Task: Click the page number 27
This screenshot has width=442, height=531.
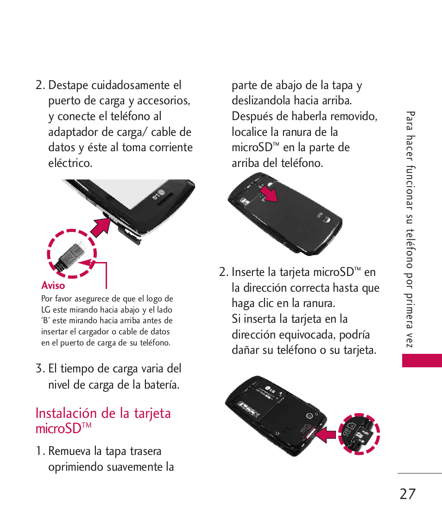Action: [407, 494]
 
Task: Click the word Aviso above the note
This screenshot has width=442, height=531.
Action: [53, 286]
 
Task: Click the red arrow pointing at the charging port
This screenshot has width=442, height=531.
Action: [100, 227]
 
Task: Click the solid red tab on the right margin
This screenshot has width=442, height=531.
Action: [422, 360]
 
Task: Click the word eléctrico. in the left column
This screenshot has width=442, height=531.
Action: [70, 163]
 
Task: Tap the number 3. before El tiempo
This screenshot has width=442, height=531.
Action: [40, 369]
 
